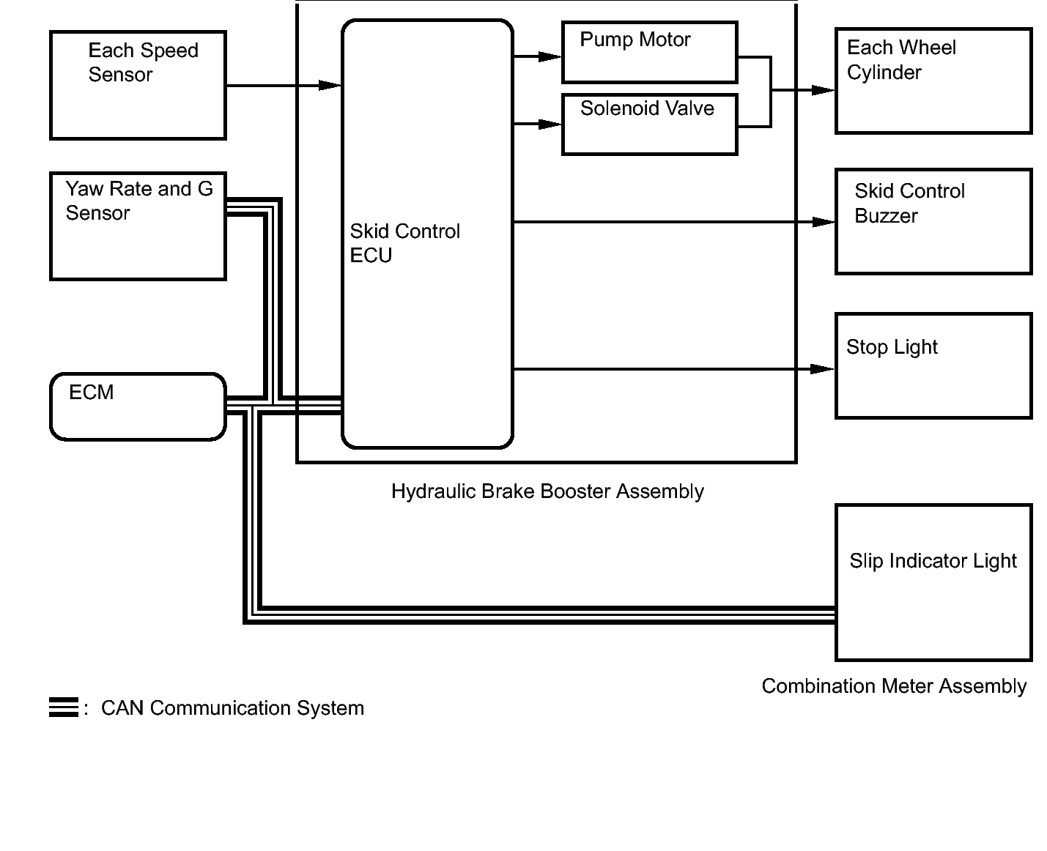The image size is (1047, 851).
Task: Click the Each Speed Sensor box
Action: (138, 85)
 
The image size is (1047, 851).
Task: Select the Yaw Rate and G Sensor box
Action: (138, 226)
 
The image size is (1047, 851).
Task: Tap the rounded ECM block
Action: (138, 406)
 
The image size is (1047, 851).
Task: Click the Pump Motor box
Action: (649, 52)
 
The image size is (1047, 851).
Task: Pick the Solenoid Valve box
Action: (649, 125)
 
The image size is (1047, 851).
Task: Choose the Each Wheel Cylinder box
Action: (933, 81)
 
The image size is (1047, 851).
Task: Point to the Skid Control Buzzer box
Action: (933, 221)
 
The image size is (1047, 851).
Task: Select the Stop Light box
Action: (933, 365)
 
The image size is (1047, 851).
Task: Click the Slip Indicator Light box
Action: (933, 582)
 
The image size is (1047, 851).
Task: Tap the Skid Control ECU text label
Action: (404, 242)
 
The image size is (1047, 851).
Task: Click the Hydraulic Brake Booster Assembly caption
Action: (547, 491)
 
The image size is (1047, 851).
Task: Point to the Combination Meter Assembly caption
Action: (894, 686)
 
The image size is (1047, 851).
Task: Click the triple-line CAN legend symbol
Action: (64, 707)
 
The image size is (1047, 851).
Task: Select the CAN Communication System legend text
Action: (232, 708)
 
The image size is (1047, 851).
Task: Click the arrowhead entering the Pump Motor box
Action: (550, 56)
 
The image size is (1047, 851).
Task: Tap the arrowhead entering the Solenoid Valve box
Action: (550, 125)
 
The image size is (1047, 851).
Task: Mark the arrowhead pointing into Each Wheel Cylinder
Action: (823, 90)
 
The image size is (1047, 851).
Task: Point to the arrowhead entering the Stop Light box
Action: (822, 368)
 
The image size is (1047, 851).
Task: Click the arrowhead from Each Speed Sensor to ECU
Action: (330, 86)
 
